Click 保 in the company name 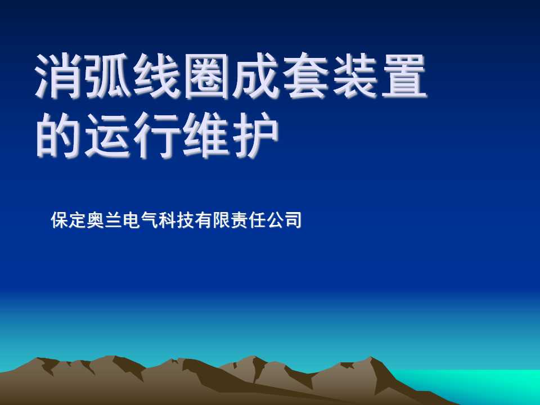60,220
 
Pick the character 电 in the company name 131,220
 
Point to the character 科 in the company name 167,220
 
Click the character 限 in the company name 221,220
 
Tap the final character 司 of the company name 292,220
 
